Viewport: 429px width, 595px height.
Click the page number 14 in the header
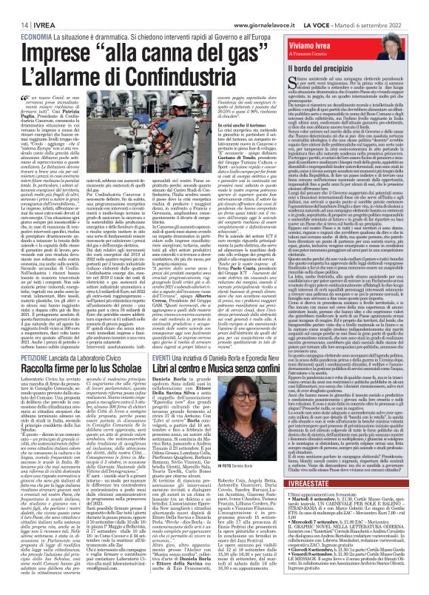(x=15, y=6)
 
